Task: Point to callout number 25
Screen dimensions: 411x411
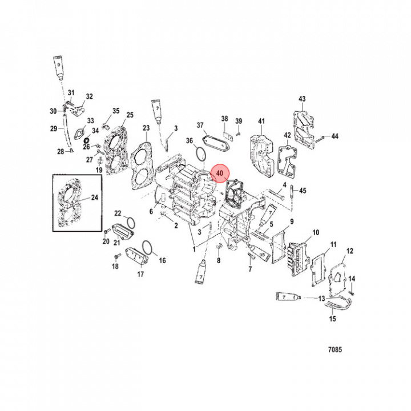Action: point(130,115)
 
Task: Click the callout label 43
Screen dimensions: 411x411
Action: point(302,100)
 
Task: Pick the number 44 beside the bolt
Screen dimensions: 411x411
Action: point(335,136)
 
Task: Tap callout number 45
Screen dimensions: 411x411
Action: point(303,191)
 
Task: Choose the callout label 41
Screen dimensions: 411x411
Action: point(261,121)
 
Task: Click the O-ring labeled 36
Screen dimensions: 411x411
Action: point(199,154)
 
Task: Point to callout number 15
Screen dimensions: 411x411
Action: point(332,319)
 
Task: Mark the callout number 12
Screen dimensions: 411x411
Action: point(350,251)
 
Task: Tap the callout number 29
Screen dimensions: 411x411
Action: point(53,128)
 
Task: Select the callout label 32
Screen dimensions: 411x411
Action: point(89,96)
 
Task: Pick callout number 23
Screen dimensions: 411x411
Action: point(146,128)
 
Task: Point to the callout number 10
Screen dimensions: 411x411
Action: point(315,232)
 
